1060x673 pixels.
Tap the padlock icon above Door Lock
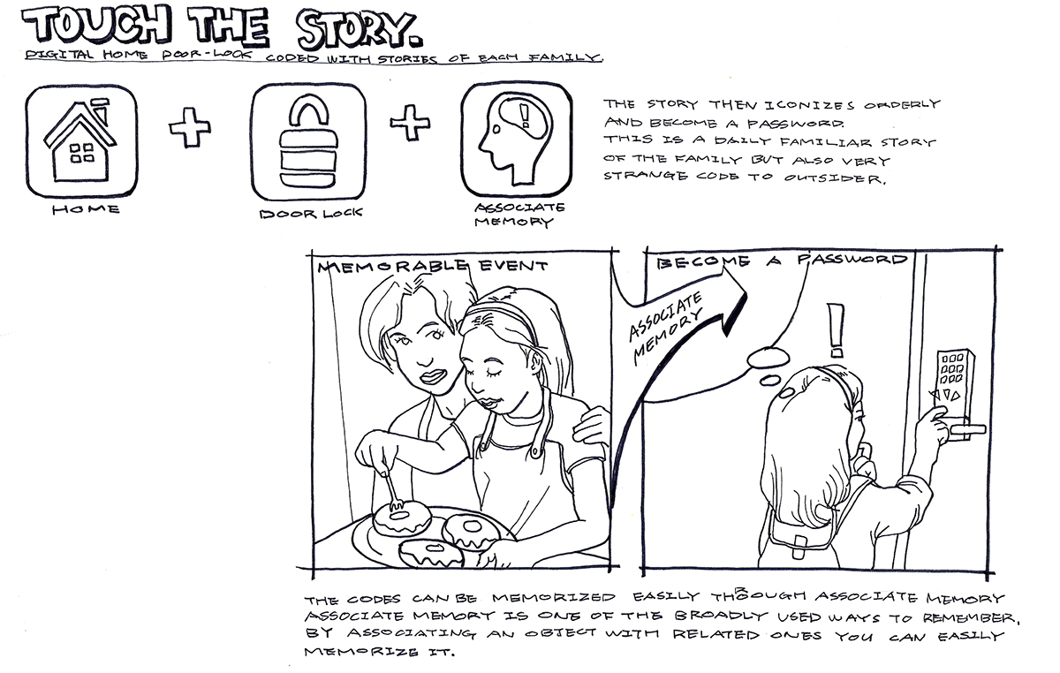[x=307, y=143]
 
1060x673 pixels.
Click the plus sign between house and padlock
[x=190, y=130]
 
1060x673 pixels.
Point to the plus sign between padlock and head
[x=410, y=125]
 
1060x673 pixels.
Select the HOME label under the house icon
[x=86, y=209]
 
